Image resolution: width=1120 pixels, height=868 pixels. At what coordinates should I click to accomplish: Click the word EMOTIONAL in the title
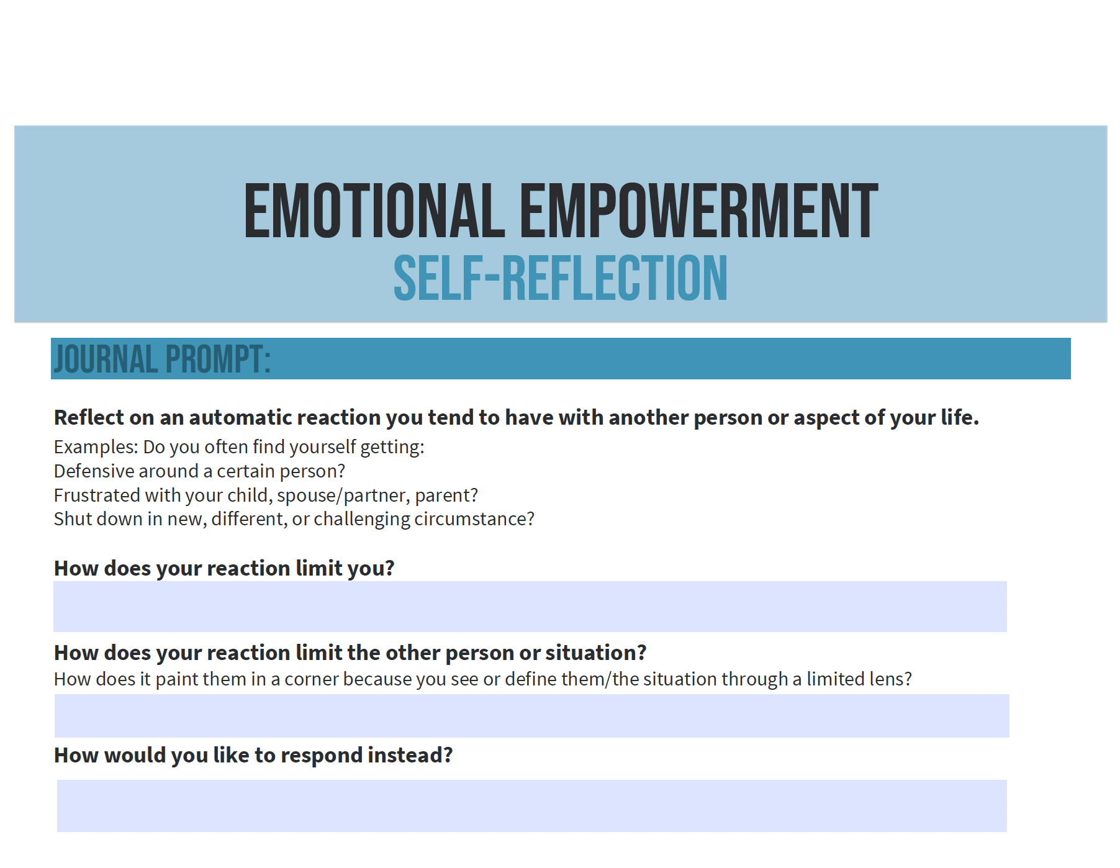[374, 211]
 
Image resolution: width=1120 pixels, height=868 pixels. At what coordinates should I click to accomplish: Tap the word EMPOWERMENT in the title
[699, 211]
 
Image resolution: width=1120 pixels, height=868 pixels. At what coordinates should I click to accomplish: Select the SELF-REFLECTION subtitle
[560, 278]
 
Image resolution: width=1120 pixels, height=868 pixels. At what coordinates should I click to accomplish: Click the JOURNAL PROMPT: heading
[162, 359]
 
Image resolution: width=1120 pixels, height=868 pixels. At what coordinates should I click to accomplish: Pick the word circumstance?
[474, 519]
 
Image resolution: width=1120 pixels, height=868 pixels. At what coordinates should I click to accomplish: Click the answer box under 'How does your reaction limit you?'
[530, 607]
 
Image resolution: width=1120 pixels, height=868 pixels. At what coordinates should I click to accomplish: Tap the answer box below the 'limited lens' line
[532, 716]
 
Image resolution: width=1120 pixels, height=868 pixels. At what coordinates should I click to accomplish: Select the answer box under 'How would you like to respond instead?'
[532, 806]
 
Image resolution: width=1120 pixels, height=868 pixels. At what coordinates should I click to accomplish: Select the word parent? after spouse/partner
[446, 496]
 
